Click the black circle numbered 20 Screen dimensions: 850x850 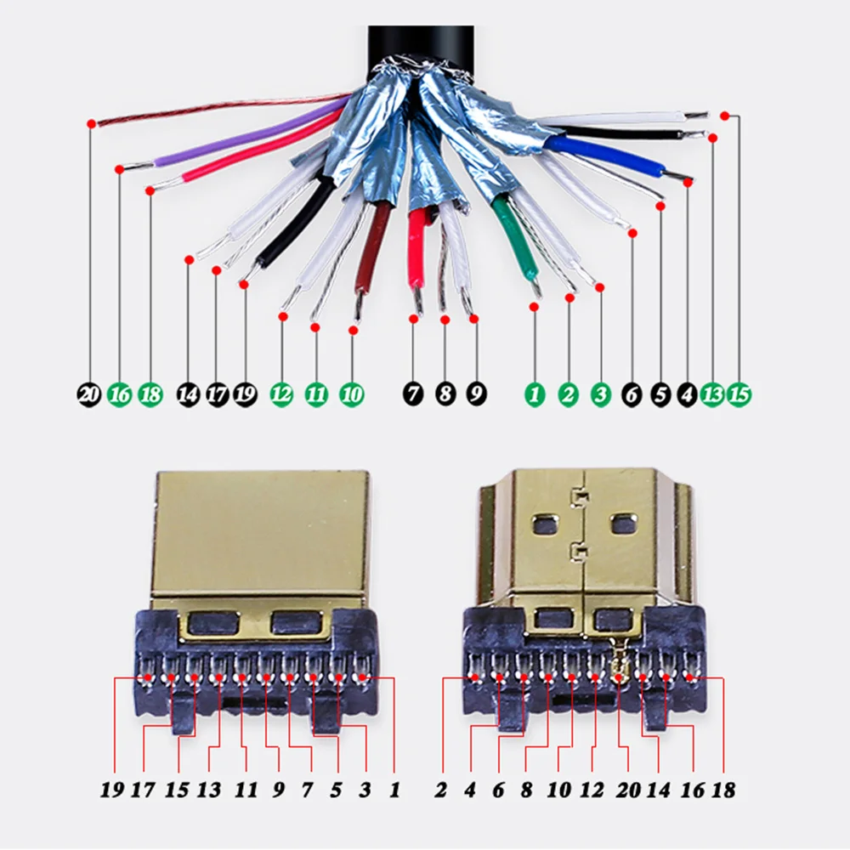89,394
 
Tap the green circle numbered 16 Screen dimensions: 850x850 120,394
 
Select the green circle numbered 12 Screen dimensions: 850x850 282,394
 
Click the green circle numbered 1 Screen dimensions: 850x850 535,394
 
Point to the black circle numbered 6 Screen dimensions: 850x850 632,394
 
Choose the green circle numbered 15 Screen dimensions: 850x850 739,394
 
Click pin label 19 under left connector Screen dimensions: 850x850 111,790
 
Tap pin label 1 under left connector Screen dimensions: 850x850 394,790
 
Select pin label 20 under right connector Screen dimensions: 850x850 628,790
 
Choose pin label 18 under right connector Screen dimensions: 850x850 723,790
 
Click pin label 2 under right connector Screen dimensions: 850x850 441,790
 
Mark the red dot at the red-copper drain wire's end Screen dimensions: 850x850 91,124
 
